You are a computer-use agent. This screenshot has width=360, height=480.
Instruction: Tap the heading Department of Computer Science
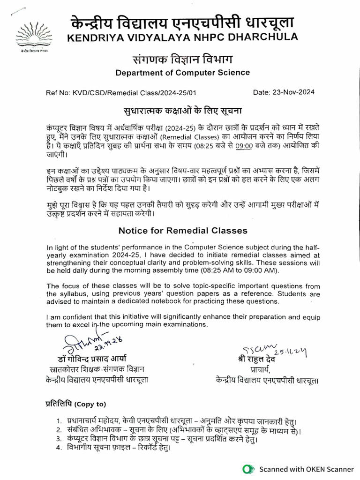point(182,73)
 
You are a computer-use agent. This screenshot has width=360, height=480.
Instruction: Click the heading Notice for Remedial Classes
point(182,231)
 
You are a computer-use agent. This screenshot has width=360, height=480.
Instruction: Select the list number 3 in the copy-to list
point(59,439)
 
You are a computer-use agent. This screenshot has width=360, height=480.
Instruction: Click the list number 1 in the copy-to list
point(59,421)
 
